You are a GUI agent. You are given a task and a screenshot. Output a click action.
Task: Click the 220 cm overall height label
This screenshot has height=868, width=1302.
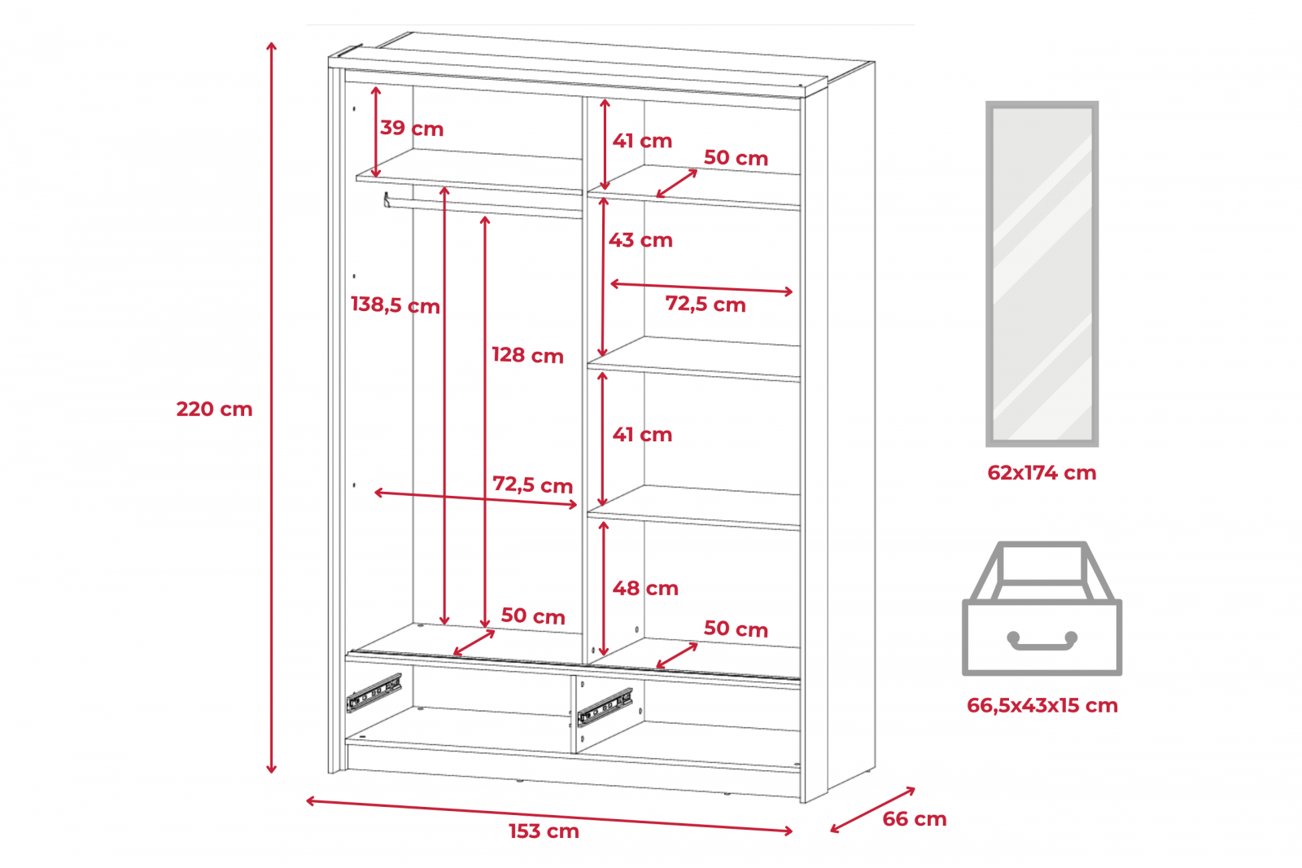[215, 409]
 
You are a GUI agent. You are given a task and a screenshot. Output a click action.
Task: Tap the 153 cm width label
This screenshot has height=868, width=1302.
[544, 831]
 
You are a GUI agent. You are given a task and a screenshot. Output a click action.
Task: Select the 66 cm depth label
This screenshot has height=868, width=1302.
[915, 819]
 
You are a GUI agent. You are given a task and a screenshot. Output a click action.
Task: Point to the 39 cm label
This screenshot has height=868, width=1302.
[412, 128]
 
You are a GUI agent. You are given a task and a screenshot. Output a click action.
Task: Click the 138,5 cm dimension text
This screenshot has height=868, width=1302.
[395, 305]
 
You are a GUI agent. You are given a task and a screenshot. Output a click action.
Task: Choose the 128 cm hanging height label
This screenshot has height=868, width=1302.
[528, 355]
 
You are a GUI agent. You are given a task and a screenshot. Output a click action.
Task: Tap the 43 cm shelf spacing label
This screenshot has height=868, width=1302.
[640, 239]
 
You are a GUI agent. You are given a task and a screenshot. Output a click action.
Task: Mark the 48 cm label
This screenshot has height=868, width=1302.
[645, 588]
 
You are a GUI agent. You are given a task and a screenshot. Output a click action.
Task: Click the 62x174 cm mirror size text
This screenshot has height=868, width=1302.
[1042, 473]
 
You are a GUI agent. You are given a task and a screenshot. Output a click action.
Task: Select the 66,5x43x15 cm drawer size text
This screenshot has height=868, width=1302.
[1042, 706]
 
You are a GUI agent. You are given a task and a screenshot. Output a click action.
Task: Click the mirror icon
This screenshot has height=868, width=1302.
[1042, 274]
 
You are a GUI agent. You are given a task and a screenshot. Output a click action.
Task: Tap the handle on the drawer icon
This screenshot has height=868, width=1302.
[1042, 641]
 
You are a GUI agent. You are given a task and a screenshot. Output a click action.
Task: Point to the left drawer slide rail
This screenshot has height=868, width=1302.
[374, 693]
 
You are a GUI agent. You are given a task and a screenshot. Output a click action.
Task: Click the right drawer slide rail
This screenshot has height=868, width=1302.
[605, 708]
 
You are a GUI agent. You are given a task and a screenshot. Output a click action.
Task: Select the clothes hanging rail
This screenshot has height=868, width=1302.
[483, 207]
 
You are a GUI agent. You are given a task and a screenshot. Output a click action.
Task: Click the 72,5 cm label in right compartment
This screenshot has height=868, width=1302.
[705, 305]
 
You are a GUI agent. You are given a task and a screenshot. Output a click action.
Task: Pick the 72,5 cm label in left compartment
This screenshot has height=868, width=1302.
[532, 484]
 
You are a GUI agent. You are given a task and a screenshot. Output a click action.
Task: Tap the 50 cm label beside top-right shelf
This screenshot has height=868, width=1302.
[736, 158]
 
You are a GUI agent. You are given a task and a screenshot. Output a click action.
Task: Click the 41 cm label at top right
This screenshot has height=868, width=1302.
[642, 141]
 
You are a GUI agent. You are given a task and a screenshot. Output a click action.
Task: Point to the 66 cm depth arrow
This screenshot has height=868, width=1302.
[872, 810]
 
